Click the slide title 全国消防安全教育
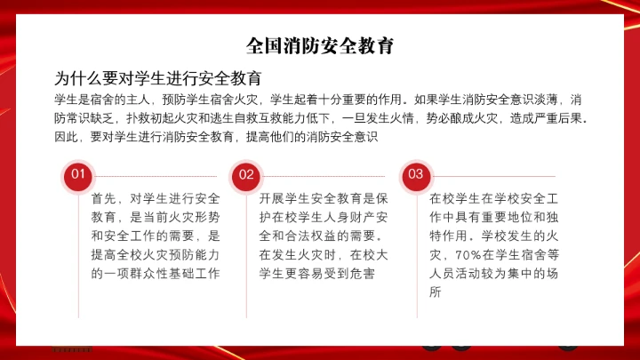pos(320,45)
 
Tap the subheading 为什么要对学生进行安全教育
pos(157,77)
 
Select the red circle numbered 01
pos(78,175)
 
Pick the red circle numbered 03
pos(415,175)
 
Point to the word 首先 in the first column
pos(104,198)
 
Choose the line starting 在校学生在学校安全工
pos(492,198)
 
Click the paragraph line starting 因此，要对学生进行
pos(217,137)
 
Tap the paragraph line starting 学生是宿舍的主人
pos(320,98)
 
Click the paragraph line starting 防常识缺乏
pos(320,117)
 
